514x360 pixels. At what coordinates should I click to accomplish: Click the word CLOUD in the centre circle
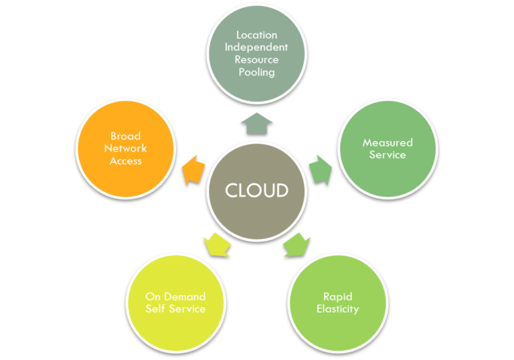[x=256, y=190]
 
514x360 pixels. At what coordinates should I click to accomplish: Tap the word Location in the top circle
[x=256, y=35]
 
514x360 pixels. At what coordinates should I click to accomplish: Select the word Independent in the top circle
[x=256, y=47]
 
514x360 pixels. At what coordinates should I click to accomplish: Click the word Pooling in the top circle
[x=256, y=72]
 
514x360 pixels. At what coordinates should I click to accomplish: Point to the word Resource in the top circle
[x=256, y=60]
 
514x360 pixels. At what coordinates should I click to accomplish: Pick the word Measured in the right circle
[x=388, y=143]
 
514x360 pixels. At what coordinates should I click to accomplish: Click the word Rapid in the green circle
[x=337, y=296]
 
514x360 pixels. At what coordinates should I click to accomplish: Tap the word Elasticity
[x=337, y=308]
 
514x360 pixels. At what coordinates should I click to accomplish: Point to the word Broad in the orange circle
[x=126, y=136]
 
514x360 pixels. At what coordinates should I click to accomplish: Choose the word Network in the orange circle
[x=126, y=148]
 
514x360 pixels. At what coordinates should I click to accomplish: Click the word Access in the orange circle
[x=126, y=161]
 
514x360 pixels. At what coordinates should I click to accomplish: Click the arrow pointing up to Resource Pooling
[x=256, y=122]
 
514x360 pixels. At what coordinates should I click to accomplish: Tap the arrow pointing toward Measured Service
[x=320, y=169]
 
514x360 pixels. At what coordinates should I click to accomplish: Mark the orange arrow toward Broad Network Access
[x=193, y=169]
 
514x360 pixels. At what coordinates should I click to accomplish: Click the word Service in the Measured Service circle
[x=388, y=155]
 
